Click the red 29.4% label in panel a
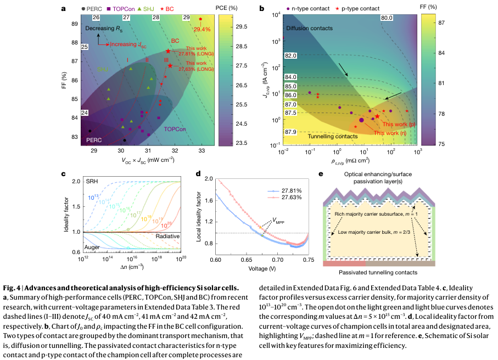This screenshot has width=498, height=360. click(202, 29)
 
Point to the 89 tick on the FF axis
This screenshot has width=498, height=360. click(75, 24)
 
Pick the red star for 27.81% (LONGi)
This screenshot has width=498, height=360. click(168, 51)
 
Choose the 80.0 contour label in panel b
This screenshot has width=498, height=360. click(387, 18)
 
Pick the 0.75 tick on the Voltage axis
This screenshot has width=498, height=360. click(309, 258)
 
